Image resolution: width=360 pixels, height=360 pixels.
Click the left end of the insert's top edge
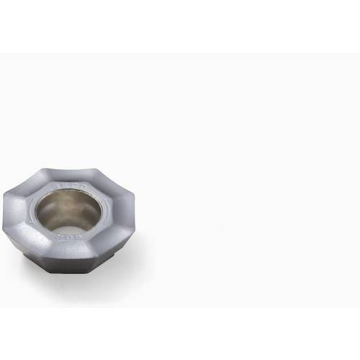45,171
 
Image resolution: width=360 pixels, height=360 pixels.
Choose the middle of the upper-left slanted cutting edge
25,180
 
